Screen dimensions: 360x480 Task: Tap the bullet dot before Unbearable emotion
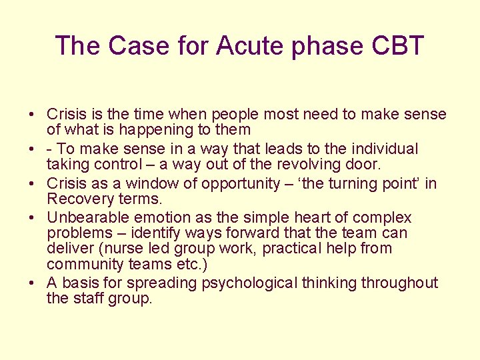tap(32, 218)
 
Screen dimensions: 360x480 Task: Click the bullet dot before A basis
tap(32, 283)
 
